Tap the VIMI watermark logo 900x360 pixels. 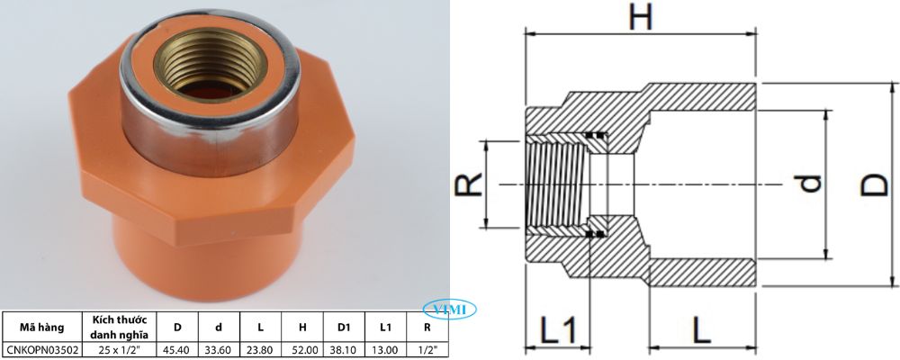(454, 310)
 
